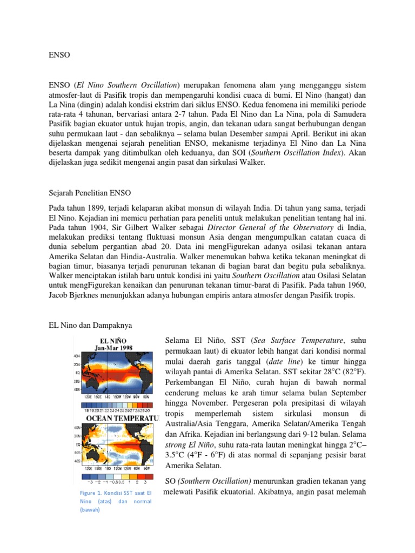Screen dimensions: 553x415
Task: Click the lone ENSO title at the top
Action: click(x=59, y=55)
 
